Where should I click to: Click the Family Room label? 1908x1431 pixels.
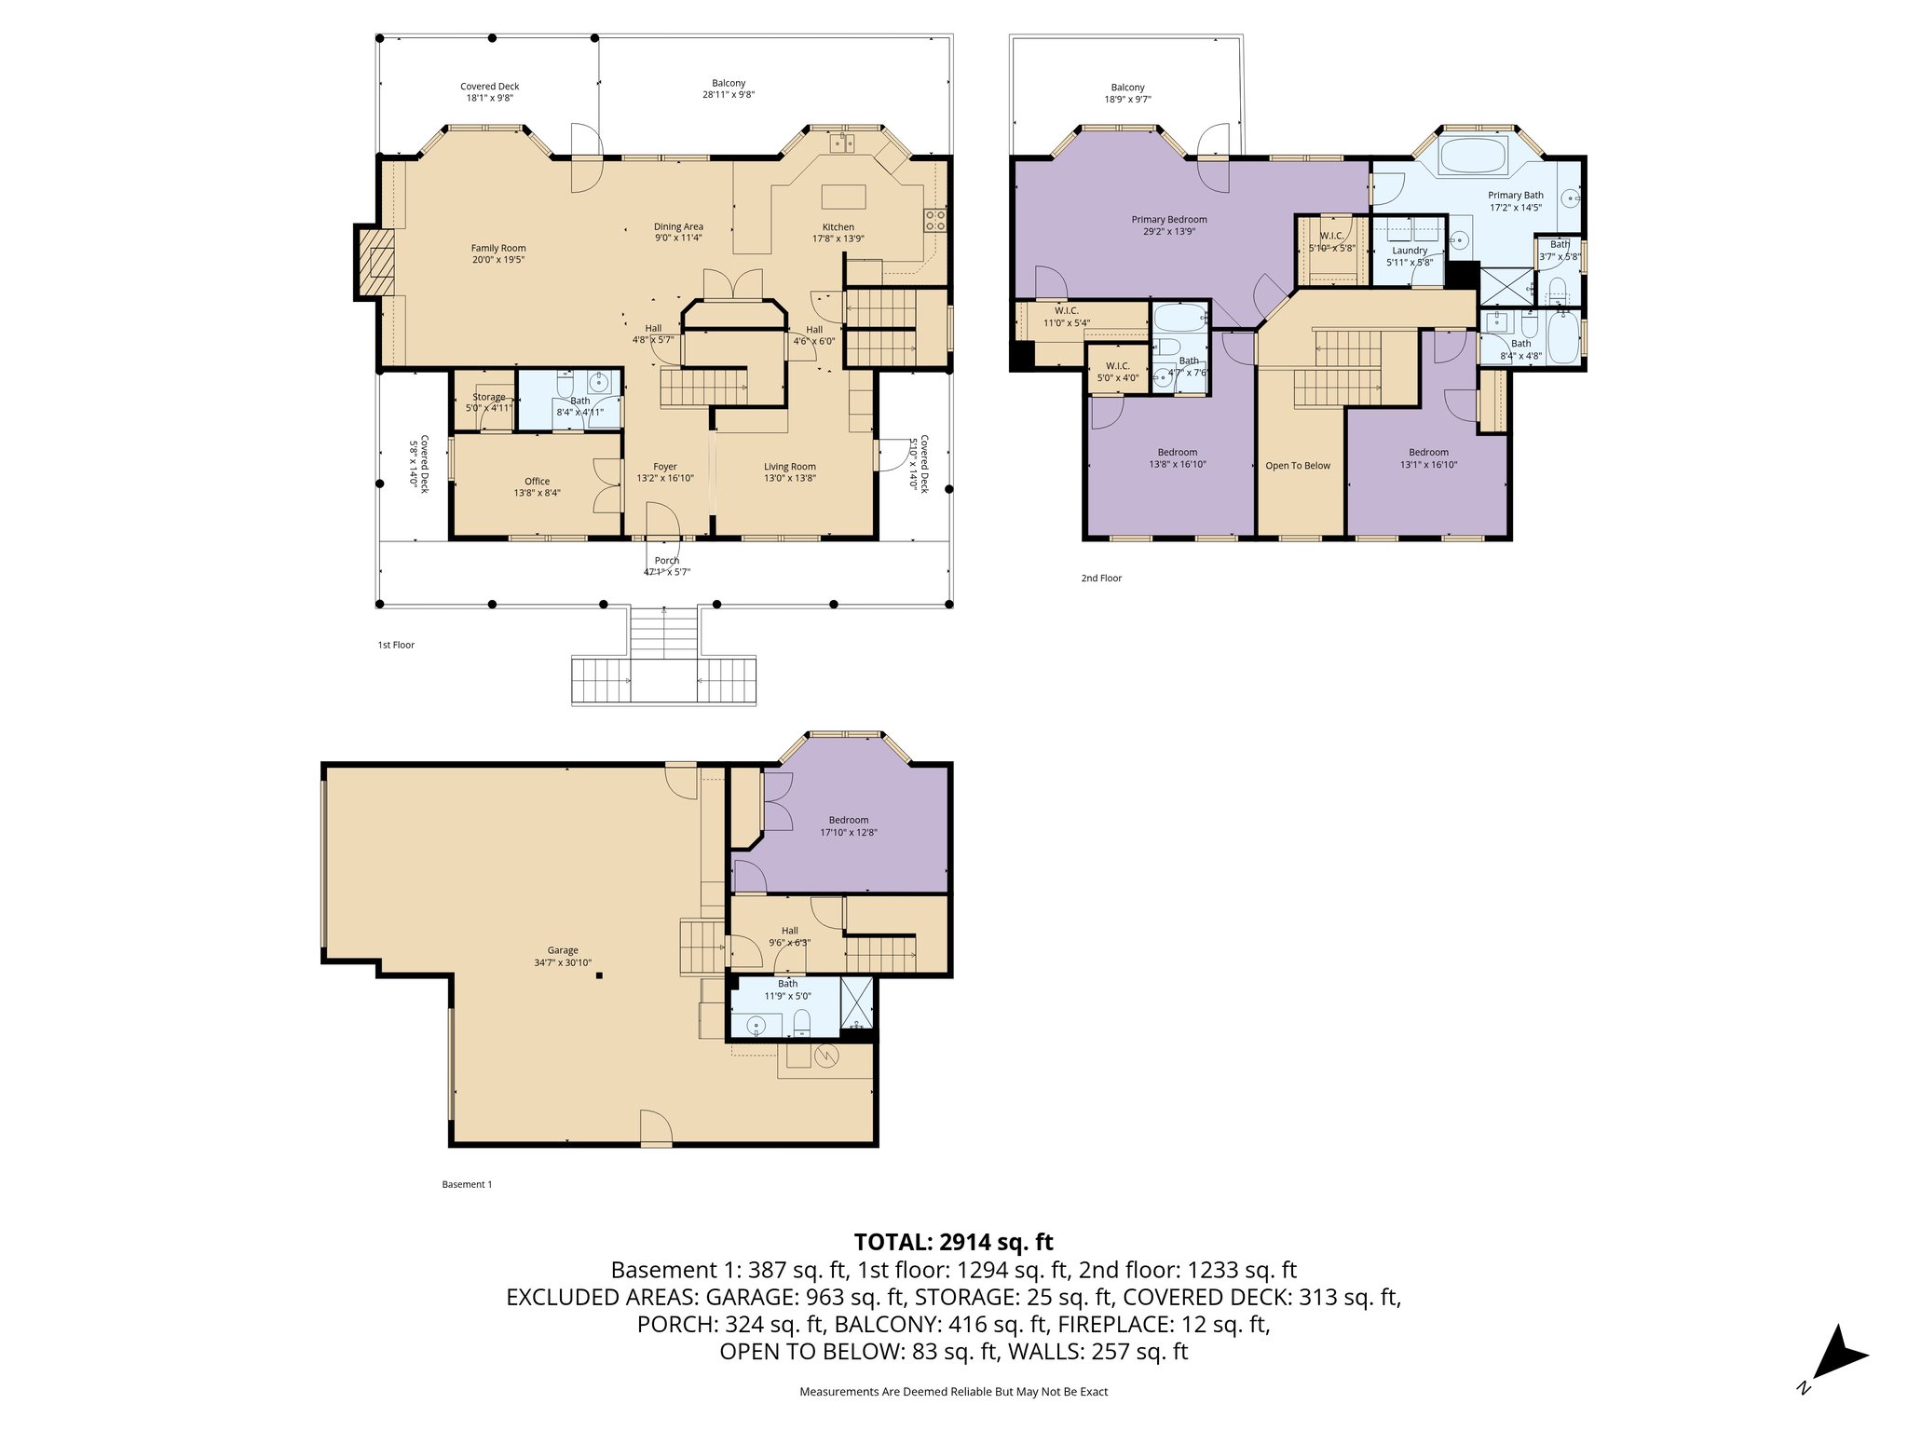pyautogui.click(x=498, y=248)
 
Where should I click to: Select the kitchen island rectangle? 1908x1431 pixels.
pyautogui.click(x=843, y=198)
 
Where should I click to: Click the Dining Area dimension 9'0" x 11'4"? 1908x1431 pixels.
pyautogui.click(x=678, y=238)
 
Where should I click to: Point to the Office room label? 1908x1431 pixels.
pyautogui.click(x=537, y=482)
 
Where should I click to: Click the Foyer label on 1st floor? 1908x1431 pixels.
pyautogui.click(x=664, y=467)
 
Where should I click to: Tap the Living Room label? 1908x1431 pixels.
pyautogui.click(x=789, y=467)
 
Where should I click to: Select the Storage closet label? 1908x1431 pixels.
pyautogui.click(x=488, y=397)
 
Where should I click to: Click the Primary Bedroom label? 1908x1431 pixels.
pyautogui.click(x=1168, y=220)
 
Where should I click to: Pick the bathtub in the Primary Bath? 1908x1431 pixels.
pyautogui.click(x=1473, y=156)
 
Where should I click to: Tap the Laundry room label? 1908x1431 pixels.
pyautogui.click(x=1410, y=251)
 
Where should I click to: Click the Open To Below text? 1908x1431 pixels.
pyautogui.click(x=1298, y=466)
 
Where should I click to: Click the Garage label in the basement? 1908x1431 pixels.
pyautogui.click(x=563, y=951)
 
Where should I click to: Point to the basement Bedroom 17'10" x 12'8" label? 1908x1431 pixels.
pyautogui.click(x=848, y=820)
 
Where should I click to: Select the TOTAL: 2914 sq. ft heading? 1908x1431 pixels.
pyautogui.click(x=953, y=1242)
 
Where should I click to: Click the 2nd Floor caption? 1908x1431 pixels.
pyautogui.click(x=1101, y=579)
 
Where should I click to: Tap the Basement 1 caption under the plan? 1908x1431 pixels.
pyautogui.click(x=466, y=1185)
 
